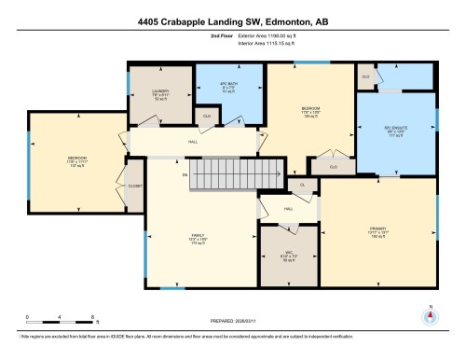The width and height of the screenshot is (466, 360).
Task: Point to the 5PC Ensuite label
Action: coord(396,132)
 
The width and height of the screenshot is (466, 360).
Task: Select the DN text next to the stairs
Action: coord(185,174)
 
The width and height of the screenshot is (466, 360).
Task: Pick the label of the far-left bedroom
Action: coord(76,159)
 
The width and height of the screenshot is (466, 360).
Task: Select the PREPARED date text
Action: coord(232,323)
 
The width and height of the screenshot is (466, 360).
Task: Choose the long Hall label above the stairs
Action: coord(193,141)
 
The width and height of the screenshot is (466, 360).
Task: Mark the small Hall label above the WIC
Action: coord(288,209)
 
